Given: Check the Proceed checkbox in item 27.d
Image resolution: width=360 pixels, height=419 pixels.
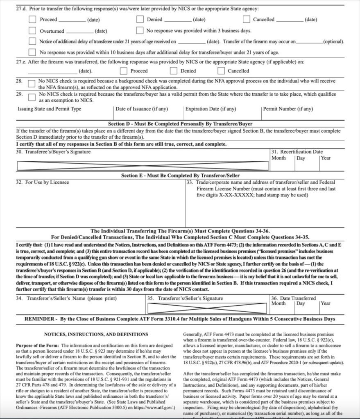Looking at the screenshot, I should point(32,19).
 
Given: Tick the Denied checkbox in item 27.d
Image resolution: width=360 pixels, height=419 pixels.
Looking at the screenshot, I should point(140,19).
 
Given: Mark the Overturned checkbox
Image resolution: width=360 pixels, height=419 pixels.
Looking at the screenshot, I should point(32,31).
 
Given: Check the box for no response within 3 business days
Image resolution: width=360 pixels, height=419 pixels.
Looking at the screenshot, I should point(140,31).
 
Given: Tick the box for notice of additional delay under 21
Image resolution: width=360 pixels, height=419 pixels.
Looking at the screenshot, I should point(32,41).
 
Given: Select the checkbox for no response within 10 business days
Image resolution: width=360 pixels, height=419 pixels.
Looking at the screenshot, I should point(32,52).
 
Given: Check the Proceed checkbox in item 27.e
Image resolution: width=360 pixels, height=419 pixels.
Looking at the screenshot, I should point(124,71).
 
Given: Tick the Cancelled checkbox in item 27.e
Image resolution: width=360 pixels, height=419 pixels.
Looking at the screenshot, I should point(221,71).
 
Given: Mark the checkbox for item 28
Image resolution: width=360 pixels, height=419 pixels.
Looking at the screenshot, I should point(31,83).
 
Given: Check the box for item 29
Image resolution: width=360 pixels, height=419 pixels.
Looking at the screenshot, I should point(31,97).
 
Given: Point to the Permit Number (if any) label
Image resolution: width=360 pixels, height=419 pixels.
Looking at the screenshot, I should point(288,109).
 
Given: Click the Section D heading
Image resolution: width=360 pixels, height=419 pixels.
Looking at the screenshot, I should point(180,124).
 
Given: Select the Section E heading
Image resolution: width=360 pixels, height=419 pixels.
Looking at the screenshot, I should point(180,176).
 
